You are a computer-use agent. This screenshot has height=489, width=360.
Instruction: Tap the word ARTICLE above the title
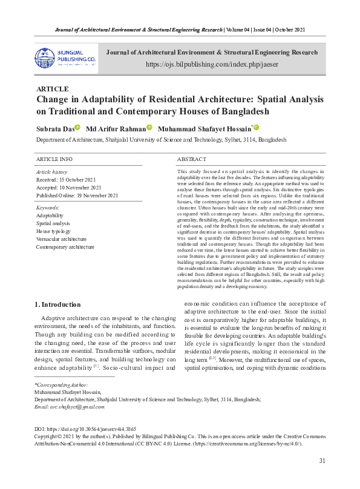click(53, 89)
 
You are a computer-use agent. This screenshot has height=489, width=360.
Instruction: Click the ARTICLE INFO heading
click(54, 159)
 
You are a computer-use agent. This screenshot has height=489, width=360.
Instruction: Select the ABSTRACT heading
click(192, 159)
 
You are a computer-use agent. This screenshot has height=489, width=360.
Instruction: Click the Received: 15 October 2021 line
click(66, 180)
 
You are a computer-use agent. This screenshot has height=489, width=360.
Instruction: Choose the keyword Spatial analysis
click(53, 223)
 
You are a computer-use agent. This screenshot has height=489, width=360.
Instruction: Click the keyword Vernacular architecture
click(61, 239)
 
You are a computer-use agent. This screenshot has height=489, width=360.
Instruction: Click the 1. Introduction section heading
click(57, 304)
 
